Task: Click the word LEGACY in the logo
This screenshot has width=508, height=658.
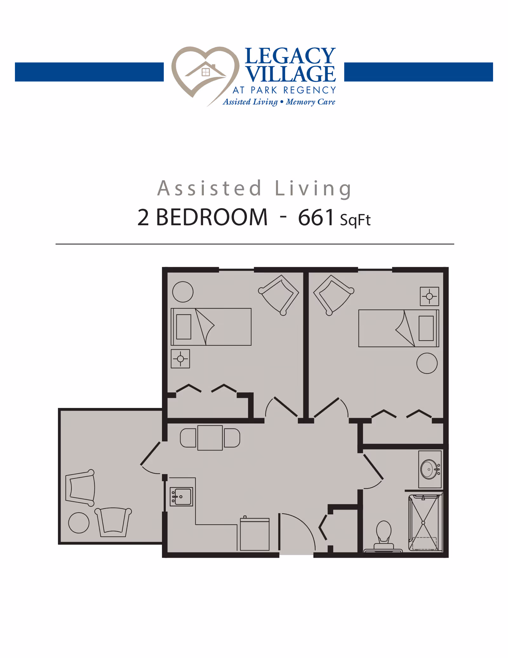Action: point(290,56)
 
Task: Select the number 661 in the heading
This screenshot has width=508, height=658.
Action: point(316,218)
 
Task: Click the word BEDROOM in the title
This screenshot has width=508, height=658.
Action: point(212,218)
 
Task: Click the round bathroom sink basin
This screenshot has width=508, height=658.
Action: point(429,469)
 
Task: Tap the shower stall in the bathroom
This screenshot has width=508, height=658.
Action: point(424,522)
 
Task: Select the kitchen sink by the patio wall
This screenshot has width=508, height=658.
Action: point(182,497)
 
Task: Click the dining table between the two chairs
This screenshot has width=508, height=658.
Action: point(210,438)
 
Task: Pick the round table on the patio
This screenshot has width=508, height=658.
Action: point(79,523)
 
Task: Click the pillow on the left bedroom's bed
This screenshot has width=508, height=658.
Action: point(184,327)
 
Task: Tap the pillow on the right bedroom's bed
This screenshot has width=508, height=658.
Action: point(426,328)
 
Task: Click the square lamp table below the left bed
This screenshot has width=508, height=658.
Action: point(180,359)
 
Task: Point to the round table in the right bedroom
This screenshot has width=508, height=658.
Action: point(427,363)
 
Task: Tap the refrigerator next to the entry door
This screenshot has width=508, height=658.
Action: point(255,534)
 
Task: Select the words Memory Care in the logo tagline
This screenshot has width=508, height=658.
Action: point(311,102)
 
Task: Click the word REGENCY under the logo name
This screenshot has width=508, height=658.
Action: point(310,90)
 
